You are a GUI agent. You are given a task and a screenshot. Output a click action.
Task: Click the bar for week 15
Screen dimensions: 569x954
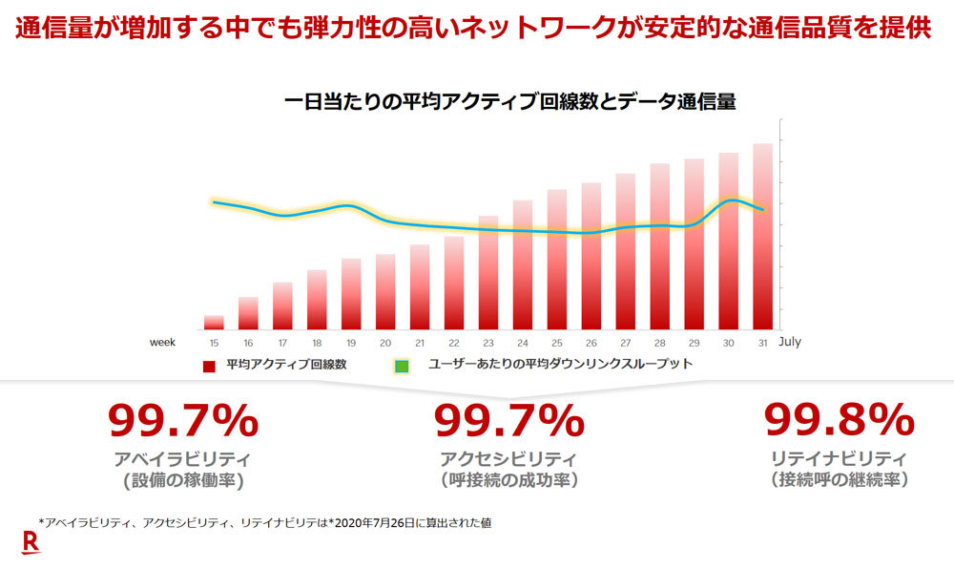(x=214, y=323)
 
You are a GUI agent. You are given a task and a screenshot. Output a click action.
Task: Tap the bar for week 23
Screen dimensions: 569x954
(x=488, y=273)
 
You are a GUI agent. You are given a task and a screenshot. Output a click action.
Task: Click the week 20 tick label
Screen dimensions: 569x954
(x=385, y=342)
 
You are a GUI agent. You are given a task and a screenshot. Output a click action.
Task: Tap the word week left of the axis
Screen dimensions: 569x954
(x=160, y=342)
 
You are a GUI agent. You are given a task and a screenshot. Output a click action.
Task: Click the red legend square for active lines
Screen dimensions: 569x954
(x=208, y=366)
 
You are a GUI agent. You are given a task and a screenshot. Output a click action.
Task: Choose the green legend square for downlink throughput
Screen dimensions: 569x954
(x=403, y=366)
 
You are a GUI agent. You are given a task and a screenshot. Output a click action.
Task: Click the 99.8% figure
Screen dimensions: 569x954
(x=840, y=420)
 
